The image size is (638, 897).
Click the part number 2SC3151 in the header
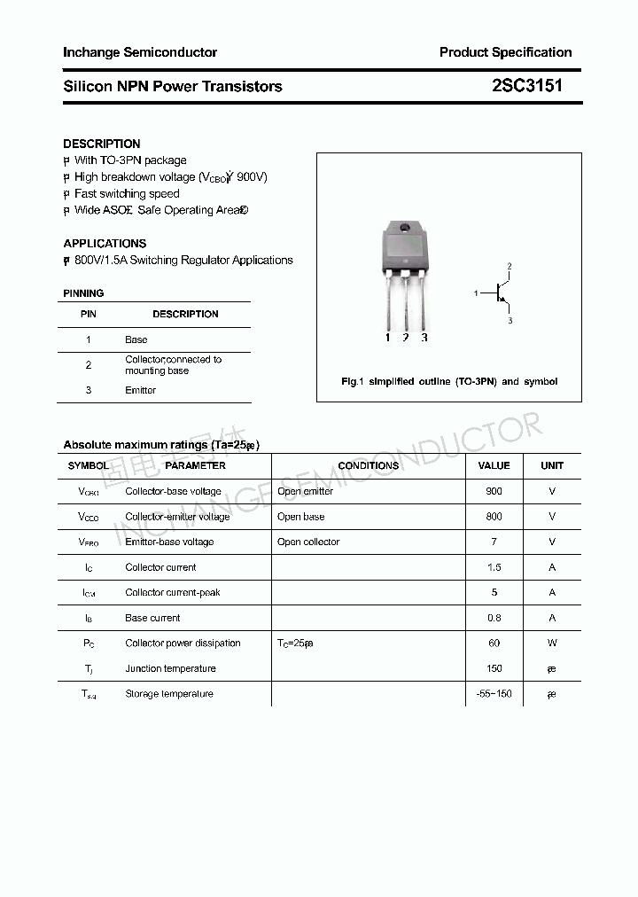(526, 86)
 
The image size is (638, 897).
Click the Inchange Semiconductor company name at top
(140, 52)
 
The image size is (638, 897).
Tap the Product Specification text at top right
(505, 52)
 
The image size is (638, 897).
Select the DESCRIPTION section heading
(102, 144)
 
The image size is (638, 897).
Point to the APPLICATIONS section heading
(105, 243)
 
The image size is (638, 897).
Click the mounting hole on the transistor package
(406, 229)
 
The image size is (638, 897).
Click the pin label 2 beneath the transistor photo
(405, 338)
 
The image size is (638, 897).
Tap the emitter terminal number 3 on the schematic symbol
(510, 321)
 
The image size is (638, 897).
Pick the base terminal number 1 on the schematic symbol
(476, 292)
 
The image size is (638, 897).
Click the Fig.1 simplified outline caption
(449, 381)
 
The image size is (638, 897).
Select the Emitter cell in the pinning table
(140, 390)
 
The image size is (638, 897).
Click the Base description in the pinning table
(136, 339)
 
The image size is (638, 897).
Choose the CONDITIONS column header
(369, 465)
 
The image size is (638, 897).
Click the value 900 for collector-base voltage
(494, 491)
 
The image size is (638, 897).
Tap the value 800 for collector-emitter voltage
(494, 517)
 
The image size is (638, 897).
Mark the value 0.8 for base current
(494, 618)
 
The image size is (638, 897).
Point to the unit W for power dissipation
(552, 643)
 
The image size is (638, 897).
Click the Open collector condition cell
(308, 542)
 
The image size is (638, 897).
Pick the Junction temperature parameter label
(170, 668)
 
